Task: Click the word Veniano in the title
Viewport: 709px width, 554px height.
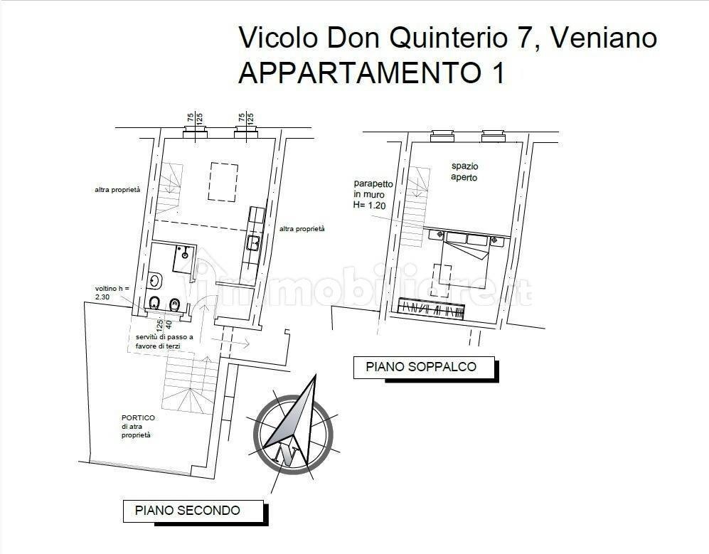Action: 604,38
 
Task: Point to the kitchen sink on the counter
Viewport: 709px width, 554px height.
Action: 253,243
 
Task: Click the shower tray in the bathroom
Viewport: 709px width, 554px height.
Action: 183,259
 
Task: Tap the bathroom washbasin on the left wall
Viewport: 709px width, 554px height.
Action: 155,282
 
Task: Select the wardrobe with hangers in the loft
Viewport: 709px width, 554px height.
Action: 431,309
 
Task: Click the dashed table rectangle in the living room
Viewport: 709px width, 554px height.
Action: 223,182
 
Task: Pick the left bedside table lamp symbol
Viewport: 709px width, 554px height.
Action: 440,234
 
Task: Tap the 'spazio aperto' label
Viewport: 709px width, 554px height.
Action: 464,172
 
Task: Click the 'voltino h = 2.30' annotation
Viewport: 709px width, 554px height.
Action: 112,292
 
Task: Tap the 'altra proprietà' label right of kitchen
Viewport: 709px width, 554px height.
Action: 302,229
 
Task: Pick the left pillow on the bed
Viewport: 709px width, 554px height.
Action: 456,238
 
